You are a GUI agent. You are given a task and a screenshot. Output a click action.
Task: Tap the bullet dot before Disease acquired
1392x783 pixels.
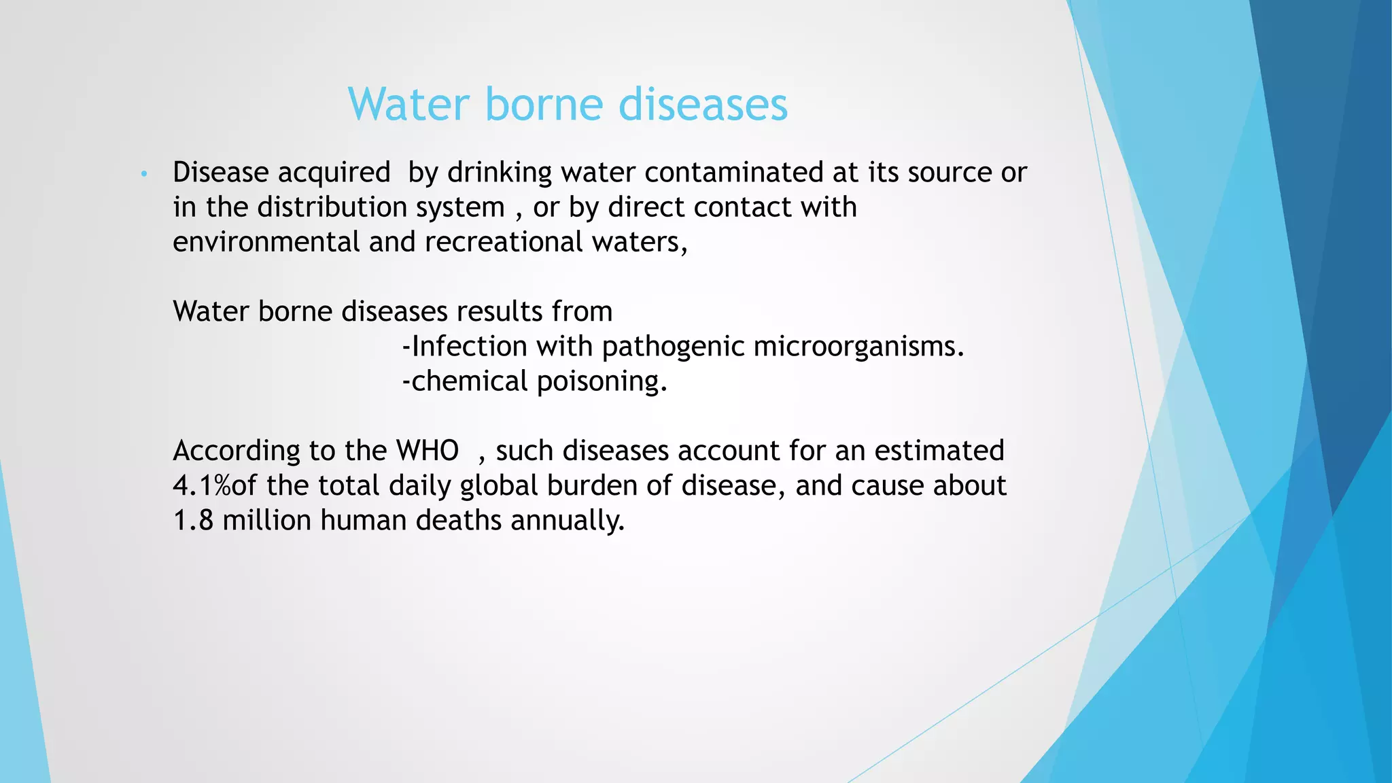point(143,175)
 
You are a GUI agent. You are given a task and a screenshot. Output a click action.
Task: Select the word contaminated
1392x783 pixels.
point(734,173)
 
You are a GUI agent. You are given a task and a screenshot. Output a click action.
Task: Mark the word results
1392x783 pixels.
point(499,312)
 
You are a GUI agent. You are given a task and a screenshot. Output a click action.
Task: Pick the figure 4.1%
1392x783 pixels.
point(201,486)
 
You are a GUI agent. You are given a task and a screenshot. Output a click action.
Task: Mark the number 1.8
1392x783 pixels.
point(193,521)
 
